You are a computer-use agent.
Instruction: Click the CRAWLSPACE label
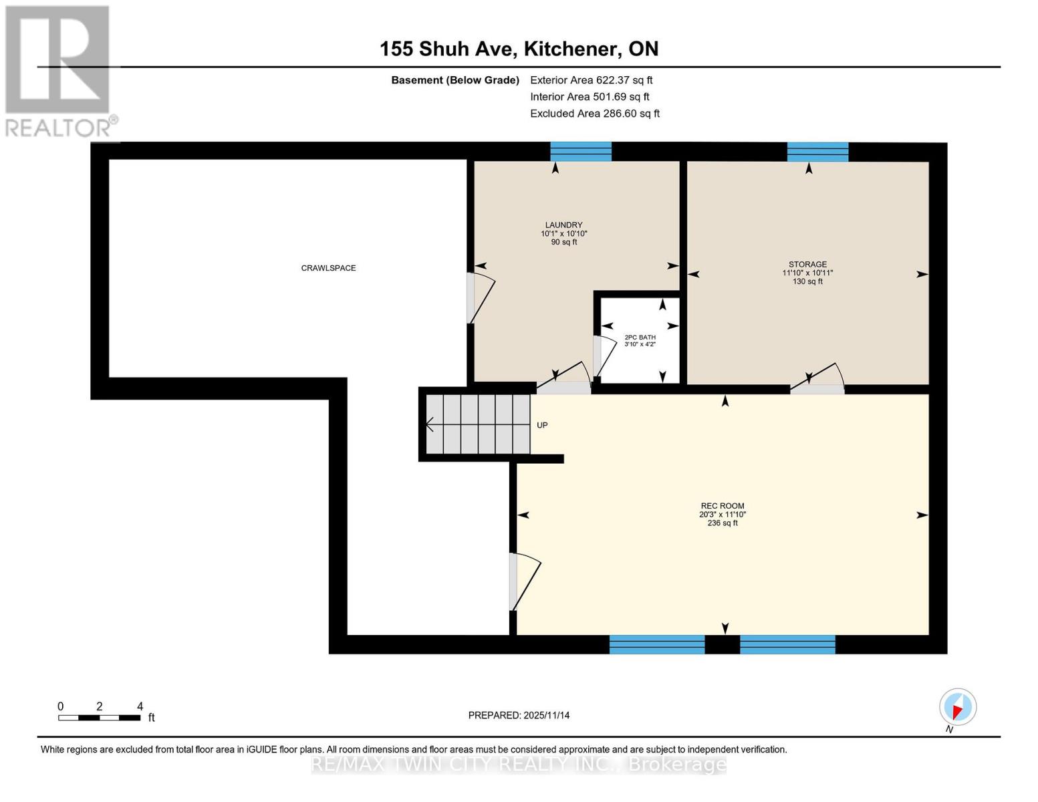[328, 268]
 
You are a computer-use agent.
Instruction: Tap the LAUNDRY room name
[563, 225]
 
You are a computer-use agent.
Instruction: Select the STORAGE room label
[807, 264]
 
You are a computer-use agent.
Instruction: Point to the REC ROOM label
[722, 506]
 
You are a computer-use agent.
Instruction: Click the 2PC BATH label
[640, 338]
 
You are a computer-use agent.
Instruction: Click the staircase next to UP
[478, 424]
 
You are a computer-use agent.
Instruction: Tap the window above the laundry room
[580, 152]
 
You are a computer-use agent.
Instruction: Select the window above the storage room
[817, 152]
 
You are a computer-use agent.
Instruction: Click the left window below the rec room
[656, 644]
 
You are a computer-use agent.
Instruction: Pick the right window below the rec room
[787, 644]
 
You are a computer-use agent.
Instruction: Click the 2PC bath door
[604, 356]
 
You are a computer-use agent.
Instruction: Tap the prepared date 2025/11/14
[519, 715]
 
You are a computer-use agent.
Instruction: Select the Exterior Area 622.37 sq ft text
[591, 80]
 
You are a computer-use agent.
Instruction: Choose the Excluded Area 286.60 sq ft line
[594, 114]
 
